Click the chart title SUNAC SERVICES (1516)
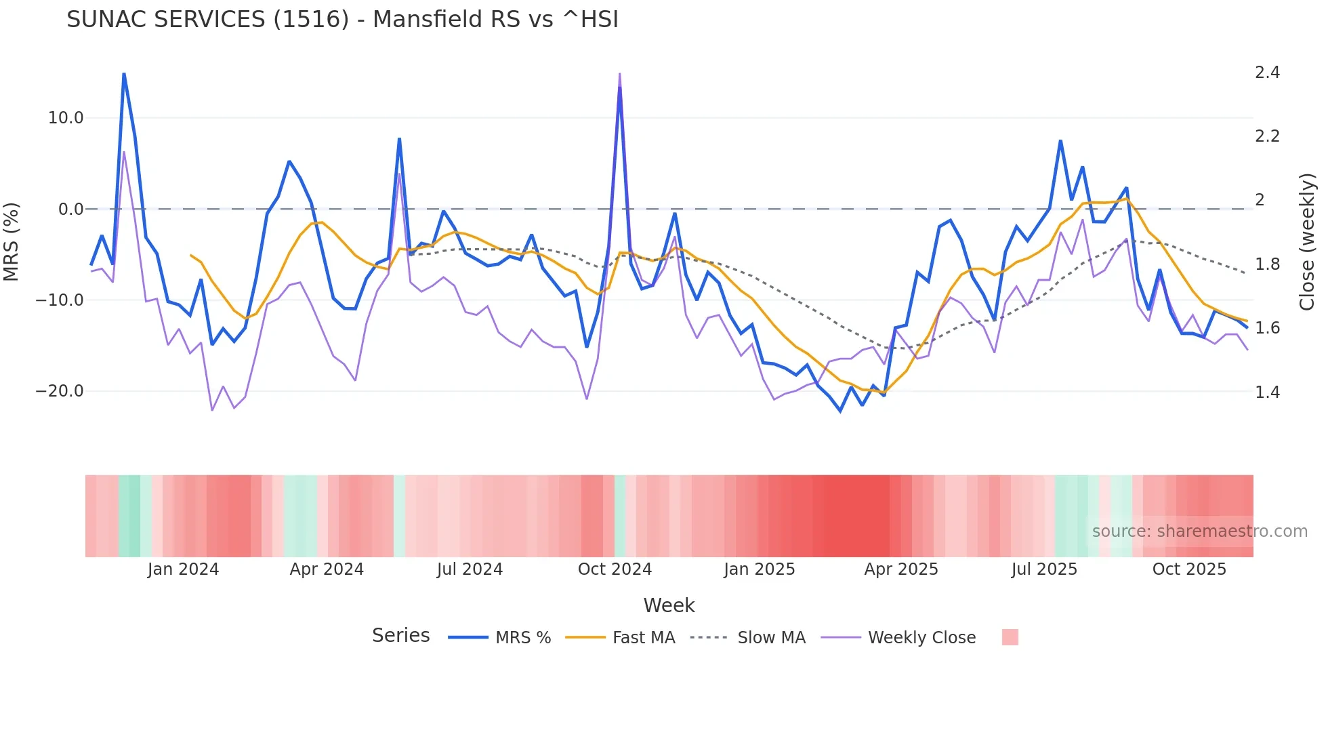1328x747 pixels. point(342,20)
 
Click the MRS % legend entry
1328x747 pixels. point(522,638)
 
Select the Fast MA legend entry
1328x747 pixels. point(643,638)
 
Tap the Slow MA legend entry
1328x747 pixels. point(771,638)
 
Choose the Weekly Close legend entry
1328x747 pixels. point(921,638)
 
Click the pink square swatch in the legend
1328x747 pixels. point(1010,637)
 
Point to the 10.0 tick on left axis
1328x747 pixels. point(66,118)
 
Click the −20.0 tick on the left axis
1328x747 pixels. point(60,391)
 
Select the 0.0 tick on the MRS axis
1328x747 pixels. point(70,209)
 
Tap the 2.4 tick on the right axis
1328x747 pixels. point(1267,73)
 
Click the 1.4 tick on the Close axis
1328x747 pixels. point(1267,392)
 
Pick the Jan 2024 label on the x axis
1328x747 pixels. point(183,569)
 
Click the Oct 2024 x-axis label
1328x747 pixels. point(615,569)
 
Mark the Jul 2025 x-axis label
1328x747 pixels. point(1044,569)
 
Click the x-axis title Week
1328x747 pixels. point(669,605)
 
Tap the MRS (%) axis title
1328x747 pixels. point(11,241)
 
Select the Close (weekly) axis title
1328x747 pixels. point(1306,241)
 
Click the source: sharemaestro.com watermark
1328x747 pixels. point(1199,531)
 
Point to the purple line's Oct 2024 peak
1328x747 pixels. point(619,74)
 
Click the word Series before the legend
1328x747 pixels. point(400,636)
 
